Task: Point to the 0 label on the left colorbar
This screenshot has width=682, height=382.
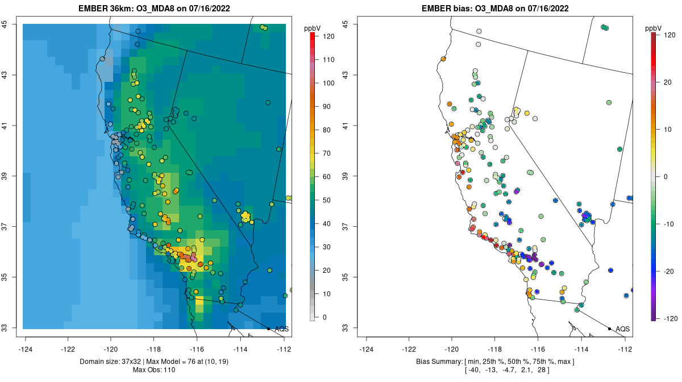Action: point(325,317)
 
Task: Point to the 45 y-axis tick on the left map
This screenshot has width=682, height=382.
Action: point(5,24)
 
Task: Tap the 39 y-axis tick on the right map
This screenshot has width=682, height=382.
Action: point(346,176)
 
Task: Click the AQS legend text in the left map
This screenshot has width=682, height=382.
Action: point(281,329)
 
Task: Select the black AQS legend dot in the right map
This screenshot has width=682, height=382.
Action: point(609,329)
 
